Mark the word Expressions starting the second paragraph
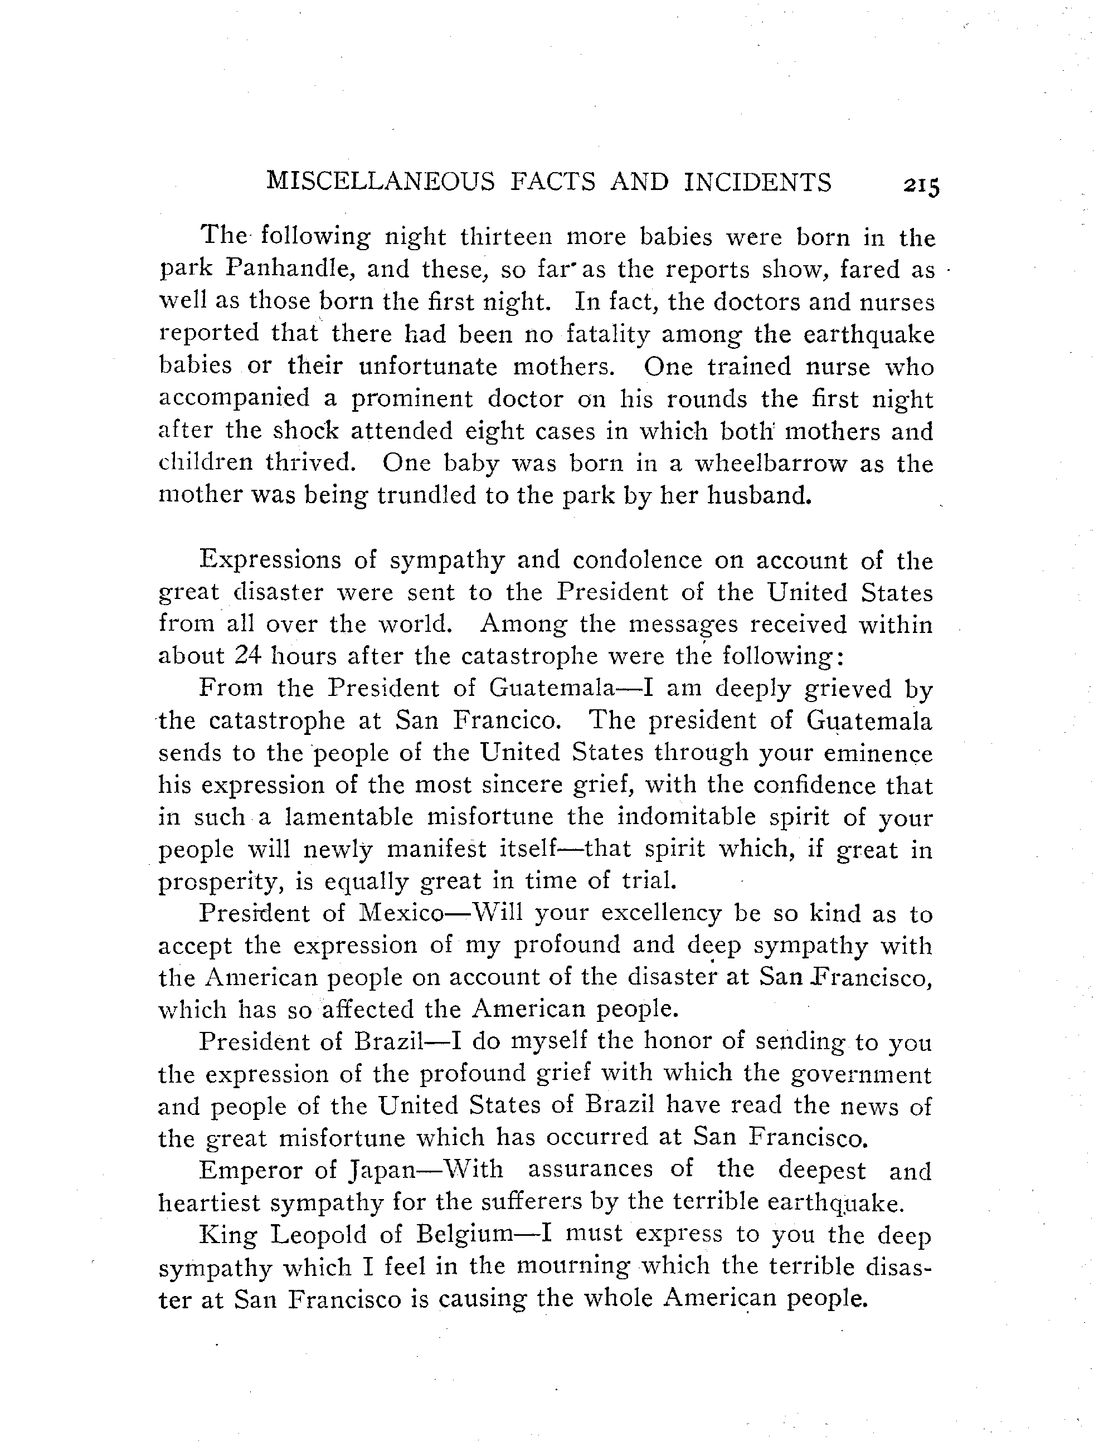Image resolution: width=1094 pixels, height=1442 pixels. pos(270,561)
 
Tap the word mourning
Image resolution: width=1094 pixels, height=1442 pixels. pos(573,1266)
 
